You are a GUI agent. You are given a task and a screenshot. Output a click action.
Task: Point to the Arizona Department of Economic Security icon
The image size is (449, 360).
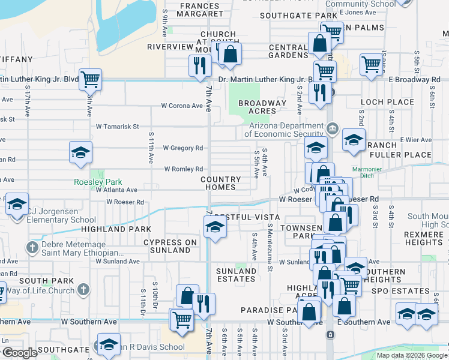point(332,129)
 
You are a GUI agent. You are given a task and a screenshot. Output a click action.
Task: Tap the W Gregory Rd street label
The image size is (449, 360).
point(184,148)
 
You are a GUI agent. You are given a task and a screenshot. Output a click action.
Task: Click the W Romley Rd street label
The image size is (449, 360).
point(184,169)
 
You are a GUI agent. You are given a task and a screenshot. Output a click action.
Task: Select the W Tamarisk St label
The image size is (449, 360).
point(118,127)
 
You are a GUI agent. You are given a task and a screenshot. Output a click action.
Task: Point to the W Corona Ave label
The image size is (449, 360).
point(182,106)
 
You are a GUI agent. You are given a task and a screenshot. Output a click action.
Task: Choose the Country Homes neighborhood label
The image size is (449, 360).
point(220,184)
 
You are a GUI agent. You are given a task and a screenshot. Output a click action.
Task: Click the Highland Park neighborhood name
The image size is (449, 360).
point(107,229)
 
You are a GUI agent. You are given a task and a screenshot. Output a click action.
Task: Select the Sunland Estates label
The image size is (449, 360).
point(236,275)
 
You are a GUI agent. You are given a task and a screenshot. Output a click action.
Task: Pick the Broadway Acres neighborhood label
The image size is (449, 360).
point(262,107)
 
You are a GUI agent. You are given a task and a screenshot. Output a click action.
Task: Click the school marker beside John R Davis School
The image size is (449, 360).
point(109,345)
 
